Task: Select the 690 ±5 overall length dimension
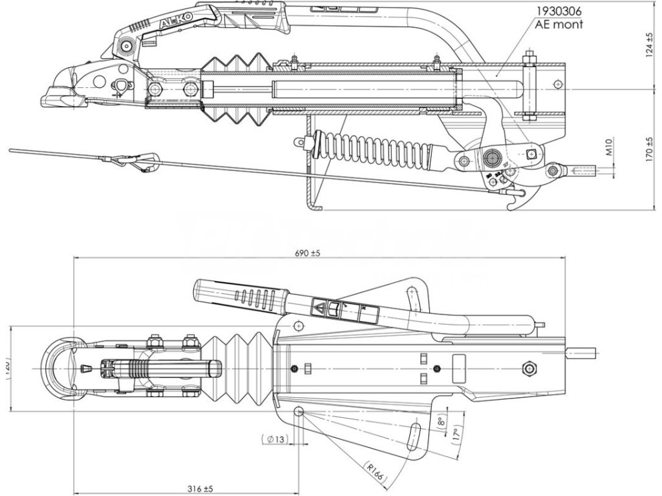point(307,254)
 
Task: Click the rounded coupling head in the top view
point(61,367)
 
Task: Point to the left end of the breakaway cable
point(12,150)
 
